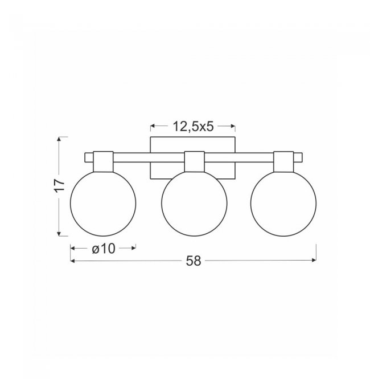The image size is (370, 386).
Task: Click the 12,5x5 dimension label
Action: [193, 127]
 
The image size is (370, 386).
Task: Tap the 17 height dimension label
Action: [59, 185]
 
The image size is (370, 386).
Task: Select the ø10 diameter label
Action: [104, 249]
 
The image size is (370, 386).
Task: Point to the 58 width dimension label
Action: [194, 261]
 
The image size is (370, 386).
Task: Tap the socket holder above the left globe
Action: [103, 162]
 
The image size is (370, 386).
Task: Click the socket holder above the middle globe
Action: [195, 162]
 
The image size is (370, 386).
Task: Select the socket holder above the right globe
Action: [283, 162]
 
